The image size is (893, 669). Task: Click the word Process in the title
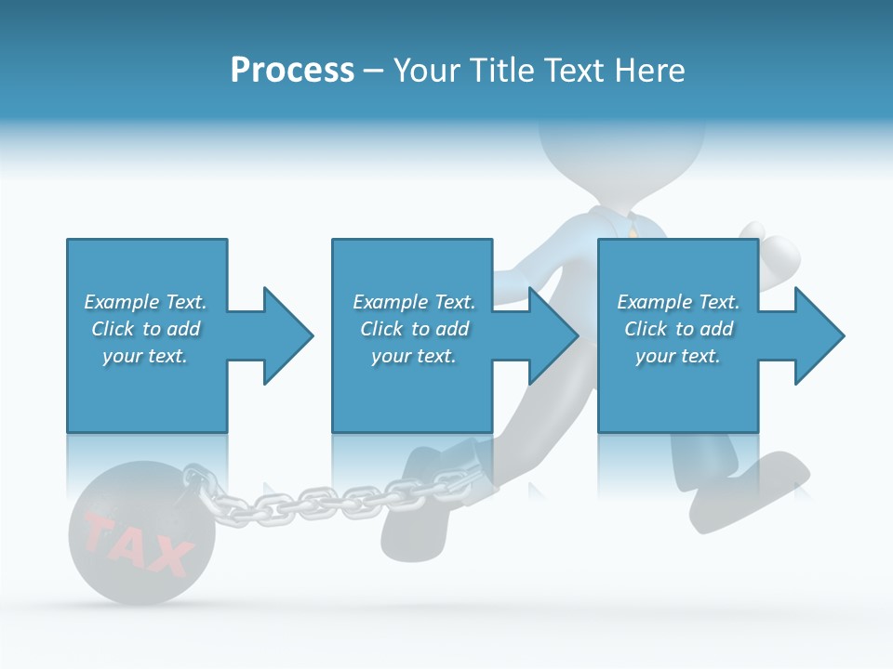292,71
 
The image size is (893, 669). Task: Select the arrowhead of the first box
284,335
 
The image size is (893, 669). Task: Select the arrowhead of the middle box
550,335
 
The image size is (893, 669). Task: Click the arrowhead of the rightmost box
816,335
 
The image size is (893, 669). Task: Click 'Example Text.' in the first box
145,302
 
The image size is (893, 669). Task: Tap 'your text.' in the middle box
413,356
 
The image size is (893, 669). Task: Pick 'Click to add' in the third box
678,329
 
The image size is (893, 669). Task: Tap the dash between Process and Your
373,71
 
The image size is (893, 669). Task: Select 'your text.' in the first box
145,356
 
